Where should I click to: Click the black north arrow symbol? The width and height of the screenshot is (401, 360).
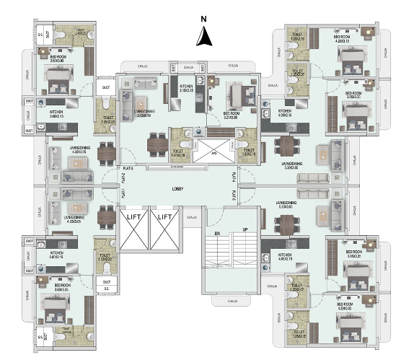205,36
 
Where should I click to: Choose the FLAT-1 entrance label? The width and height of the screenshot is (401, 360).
123,193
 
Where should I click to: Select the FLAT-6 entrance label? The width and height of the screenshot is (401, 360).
234,193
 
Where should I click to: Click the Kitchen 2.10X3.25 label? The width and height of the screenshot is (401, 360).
187,90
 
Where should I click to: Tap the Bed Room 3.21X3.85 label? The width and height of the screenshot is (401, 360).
232,115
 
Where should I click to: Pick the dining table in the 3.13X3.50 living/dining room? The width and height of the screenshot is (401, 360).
157,145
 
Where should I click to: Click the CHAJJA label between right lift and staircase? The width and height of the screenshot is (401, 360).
192,217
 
